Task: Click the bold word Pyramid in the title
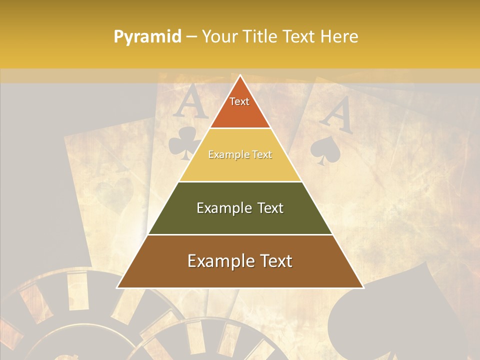147,36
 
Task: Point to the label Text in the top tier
239,101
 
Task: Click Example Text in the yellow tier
240,155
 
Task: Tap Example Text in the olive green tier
240,208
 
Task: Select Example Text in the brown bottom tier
240,261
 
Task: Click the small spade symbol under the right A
326,150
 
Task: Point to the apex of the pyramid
240,76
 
